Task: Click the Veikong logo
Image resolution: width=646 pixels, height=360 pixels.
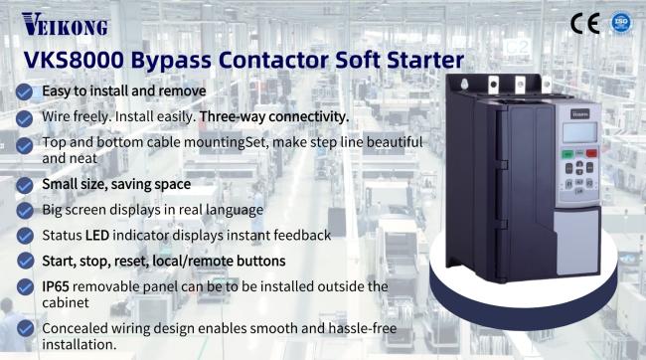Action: (x=65, y=24)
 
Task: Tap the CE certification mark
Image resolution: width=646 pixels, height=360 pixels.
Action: (x=585, y=23)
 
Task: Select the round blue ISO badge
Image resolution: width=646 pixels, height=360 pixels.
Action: (x=621, y=22)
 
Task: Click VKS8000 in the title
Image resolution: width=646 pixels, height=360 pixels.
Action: (x=74, y=60)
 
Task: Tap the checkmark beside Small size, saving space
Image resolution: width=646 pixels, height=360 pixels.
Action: (x=24, y=185)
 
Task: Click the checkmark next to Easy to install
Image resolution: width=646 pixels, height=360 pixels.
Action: (x=24, y=91)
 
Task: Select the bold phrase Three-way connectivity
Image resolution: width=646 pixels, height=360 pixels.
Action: (x=274, y=116)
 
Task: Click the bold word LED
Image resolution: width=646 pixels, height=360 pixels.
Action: (x=97, y=236)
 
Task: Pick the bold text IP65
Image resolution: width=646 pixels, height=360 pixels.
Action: (x=56, y=286)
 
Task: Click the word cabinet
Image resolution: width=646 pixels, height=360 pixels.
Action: (x=66, y=302)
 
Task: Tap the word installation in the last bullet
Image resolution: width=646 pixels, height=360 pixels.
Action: (x=80, y=345)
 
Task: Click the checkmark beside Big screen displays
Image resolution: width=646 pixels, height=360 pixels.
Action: (x=24, y=211)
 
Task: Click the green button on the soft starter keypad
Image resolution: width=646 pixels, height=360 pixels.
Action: (x=567, y=154)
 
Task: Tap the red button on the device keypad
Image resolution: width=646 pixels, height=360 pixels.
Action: (x=591, y=153)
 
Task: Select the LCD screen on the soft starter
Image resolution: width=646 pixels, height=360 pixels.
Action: (x=579, y=133)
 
